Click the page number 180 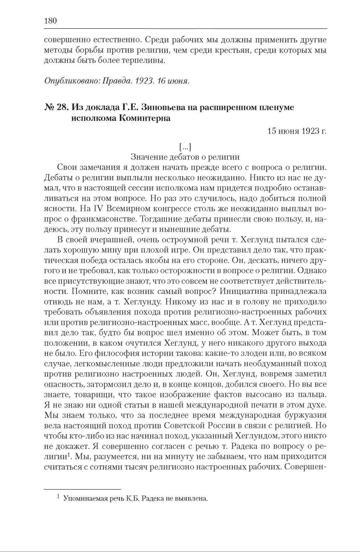pyautogui.click(x=50, y=21)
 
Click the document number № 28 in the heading pyautogui.click(x=56, y=107)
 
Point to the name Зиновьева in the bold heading pyautogui.click(x=161, y=107)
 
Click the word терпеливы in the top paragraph pyautogui.click(x=145, y=60)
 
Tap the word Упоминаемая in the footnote pyautogui.click(x=83, y=498)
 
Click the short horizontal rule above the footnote pyautogui.click(x=82, y=489)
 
